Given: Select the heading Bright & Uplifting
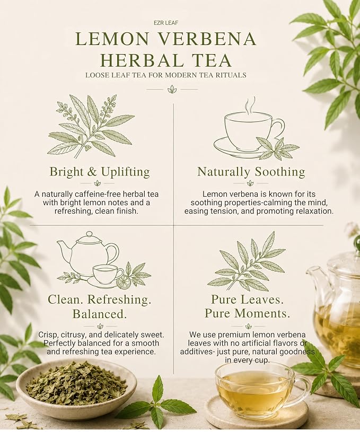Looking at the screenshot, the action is click(100, 172).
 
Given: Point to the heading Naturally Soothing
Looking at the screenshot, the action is click(251, 172).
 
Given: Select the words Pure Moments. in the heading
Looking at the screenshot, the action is click(248, 313).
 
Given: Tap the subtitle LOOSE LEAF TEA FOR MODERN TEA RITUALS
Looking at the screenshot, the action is click(165, 75).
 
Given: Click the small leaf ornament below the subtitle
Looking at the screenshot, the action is click(172, 89).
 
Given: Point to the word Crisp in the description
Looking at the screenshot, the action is click(47, 335).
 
